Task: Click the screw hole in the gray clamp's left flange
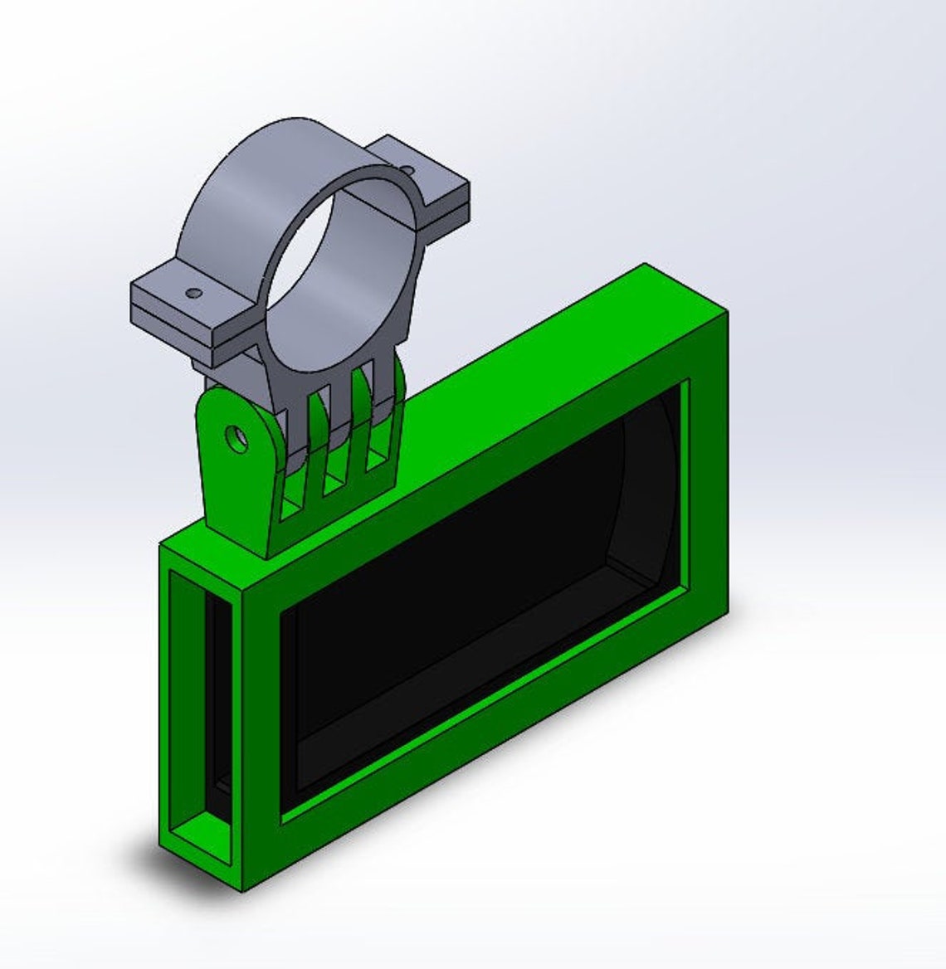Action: pyautogui.click(x=193, y=293)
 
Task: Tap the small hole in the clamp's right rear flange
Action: pyautogui.click(x=407, y=170)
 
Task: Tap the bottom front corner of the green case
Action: pyautogui.click(x=241, y=889)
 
